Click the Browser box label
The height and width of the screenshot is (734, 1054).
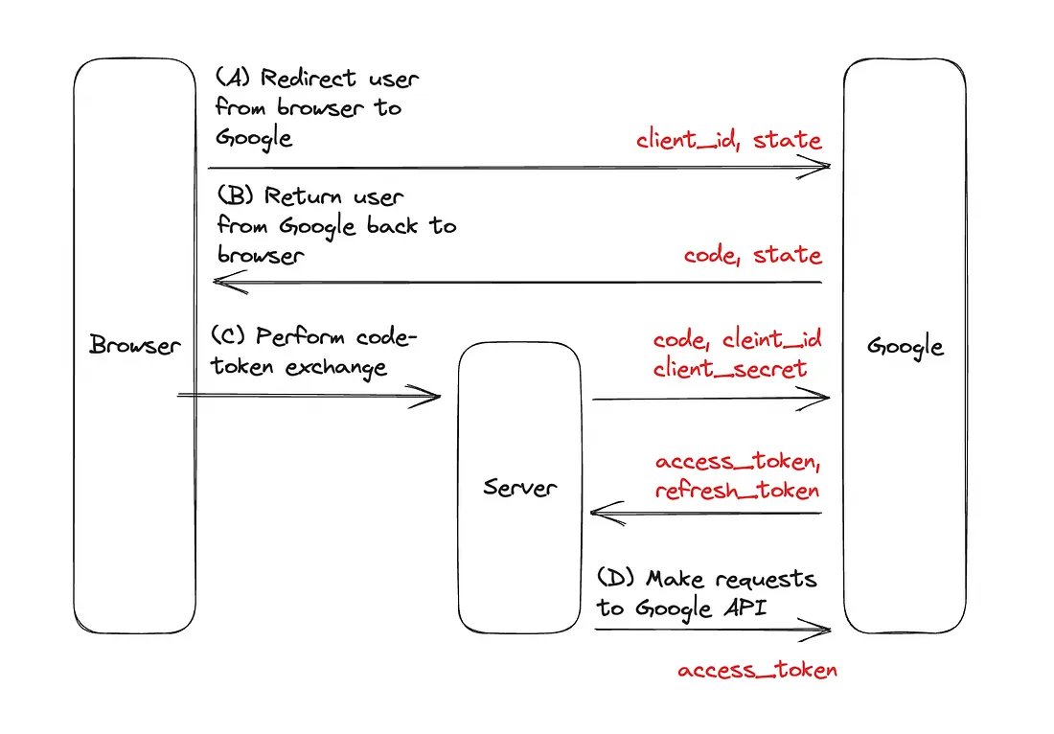pos(134,345)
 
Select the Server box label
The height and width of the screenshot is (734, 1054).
pos(519,488)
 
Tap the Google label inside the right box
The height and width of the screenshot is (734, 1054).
pos(905,346)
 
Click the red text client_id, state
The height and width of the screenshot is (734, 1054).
pos(729,140)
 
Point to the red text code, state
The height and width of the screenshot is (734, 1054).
pos(752,256)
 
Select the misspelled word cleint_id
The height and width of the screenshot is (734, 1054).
pos(772,340)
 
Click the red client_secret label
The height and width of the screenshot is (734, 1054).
pos(730,368)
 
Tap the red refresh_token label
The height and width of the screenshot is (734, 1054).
pos(737,490)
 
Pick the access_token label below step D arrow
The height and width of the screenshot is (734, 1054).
pos(757,670)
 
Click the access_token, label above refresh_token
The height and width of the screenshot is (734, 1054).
pos(738,462)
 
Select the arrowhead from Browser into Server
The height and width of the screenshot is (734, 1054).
pos(430,396)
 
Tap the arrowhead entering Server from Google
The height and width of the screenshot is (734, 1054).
pos(602,514)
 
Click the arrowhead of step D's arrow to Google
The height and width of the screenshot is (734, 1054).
pos(821,630)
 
